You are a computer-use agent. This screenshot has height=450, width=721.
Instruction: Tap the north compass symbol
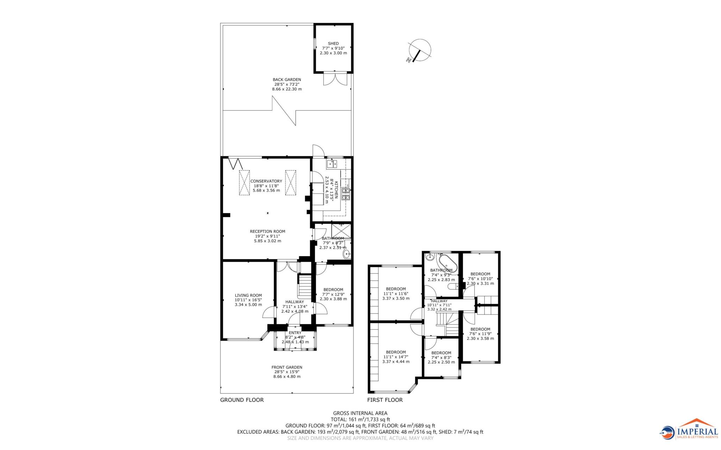point(419,51)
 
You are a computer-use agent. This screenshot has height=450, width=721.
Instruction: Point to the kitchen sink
point(332,164)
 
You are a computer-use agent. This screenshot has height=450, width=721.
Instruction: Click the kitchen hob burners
point(346,194)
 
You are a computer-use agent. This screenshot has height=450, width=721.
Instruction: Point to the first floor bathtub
point(448,264)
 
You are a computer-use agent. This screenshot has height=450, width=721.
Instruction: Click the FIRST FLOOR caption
point(385,400)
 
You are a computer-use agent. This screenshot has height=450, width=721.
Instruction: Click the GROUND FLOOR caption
point(242,400)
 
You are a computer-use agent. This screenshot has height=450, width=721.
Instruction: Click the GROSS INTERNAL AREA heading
point(360,413)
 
